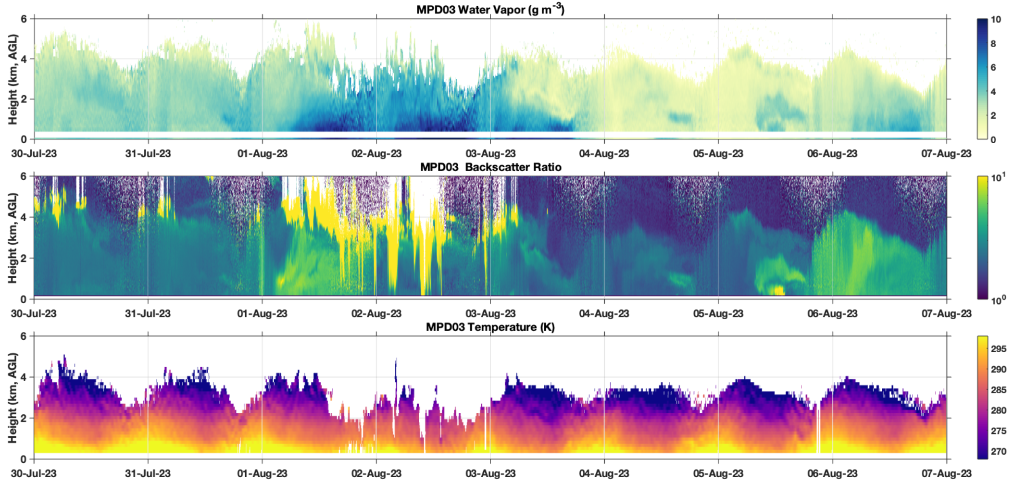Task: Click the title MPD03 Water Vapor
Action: pos(490,9)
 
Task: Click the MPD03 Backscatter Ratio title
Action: pos(490,167)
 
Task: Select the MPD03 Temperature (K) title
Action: pos(490,327)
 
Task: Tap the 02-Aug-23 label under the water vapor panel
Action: pos(376,154)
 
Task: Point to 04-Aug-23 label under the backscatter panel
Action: pos(604,314)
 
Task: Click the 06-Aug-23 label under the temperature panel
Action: pos(832,474)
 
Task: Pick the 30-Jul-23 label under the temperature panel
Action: pos(34,474)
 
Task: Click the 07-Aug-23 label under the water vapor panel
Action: pos(946,154)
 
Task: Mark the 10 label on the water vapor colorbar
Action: pos(996,20)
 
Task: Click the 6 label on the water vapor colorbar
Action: pos(993,68)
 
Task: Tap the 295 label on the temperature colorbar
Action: pos(998,349)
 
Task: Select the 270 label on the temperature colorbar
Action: pos(998,452)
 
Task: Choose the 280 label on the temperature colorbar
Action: pos(998,410)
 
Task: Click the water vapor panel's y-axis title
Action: pos(13,79)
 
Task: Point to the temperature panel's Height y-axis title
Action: pos(13,398)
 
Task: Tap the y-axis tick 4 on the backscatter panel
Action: pos(24,217)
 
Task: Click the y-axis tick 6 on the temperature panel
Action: pos(24,336)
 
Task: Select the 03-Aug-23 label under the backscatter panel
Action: pos(490,314)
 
